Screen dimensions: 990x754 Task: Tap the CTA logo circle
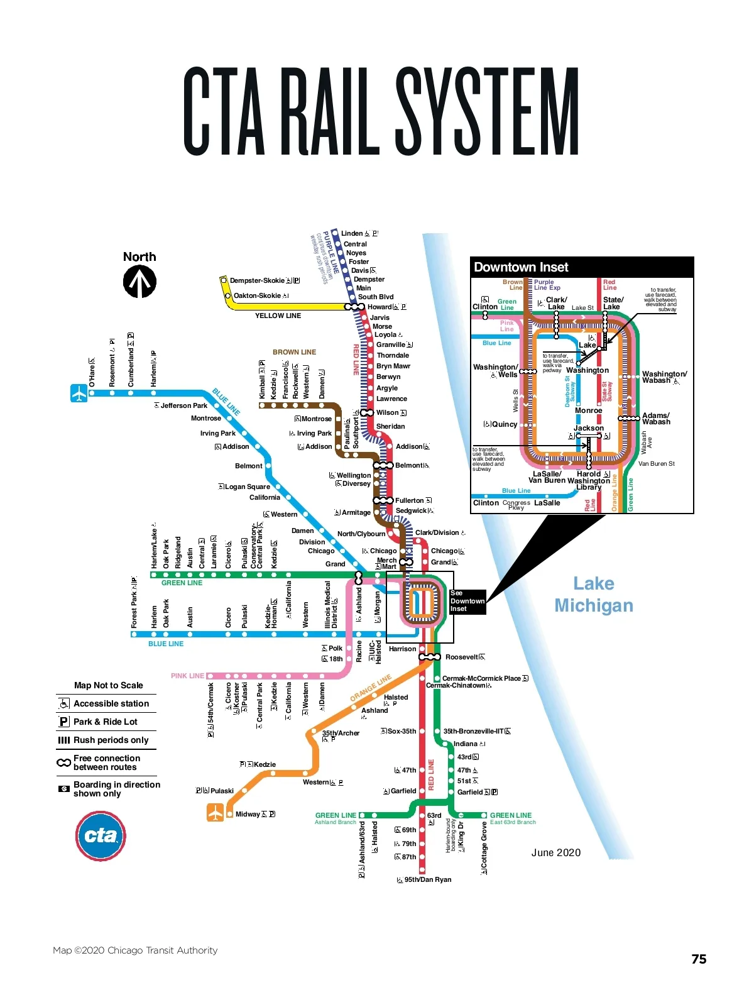[x=101, y=835]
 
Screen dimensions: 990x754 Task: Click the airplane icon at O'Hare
[x=79, y=393]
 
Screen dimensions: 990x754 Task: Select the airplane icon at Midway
[x=216, y=813]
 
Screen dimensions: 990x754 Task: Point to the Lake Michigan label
[x=593, y=595]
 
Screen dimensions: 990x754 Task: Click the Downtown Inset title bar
[x=582, y=267]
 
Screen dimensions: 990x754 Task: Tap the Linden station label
[x=352, y=234]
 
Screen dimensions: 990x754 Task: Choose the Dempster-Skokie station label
[x=257, y=281]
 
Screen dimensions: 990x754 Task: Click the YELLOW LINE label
[x=278, y=316]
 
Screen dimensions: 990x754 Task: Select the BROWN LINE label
[x=294, y=352]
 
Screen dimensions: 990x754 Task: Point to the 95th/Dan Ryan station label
[x=427, y=879]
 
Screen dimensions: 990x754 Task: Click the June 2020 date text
[x=556, y=853]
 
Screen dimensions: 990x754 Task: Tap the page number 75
[x=699, y=959]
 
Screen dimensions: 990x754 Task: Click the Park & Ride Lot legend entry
[x=105, y=722]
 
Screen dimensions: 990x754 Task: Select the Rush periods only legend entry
[x=111, y=740]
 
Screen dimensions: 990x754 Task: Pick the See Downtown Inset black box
[x=467, y=601]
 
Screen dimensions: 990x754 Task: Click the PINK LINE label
[x=187, y=676]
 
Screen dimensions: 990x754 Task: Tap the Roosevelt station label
[x=461, y=657]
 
